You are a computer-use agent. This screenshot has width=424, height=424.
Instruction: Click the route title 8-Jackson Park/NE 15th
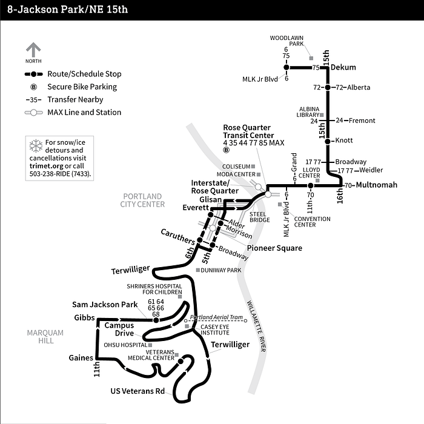pyautogui.click(x=68, y=10)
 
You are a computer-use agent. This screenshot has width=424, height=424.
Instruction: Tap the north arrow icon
pyautogui.click(x=33, y=50)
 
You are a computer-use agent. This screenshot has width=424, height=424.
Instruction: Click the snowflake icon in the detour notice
pyautogui.click(x=36, y=145)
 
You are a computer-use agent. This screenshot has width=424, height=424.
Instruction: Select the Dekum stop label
pyautogui.click(x=343, y=67)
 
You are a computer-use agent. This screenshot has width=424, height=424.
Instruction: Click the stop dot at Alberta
pyautogui.click(x=327, y=87)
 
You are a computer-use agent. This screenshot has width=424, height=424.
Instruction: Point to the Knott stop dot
pyautogui.click(x=327, y=141)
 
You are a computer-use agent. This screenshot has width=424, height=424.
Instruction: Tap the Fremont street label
pyautogui.click(x=363, y=121)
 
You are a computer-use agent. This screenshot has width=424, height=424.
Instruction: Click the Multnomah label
pyautogui.click(x=376, y=185)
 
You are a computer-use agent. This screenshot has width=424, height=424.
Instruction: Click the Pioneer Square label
pyautogui.click(x=274, y=248)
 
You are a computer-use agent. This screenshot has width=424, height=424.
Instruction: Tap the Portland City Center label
pyautogui.click(x=144, y=200)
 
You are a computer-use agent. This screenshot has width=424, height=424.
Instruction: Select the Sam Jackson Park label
pyautogui.click(x=105, y=304)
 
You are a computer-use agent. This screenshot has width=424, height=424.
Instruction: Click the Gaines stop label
pyautogui.click(x=81, y=357)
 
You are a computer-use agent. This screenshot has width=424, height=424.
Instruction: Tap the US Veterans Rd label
pyautogui.click(x=137, y=391)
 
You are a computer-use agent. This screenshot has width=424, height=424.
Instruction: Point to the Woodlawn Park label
pyautogui.click(x=287, y=41)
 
